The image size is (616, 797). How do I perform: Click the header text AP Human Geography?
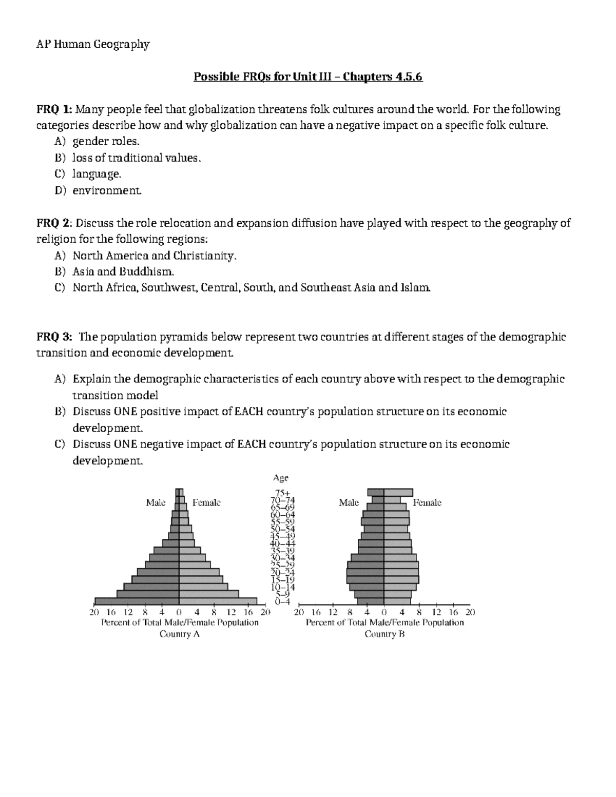click(x=92, y=45)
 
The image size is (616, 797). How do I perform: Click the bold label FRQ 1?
click(x=54, y=109)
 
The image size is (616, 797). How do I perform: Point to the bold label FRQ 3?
click(x=54, y=337)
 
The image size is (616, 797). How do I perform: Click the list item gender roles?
click(x=106, y=142)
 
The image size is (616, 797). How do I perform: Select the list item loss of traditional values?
click(x=137, y=158)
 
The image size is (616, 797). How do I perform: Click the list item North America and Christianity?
click(x=155, y=256)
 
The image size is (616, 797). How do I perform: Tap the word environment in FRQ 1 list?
click(x=106, y=191)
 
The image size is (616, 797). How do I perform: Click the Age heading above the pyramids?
click(x=281, y=478)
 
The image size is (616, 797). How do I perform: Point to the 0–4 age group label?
click(x=282, y=601)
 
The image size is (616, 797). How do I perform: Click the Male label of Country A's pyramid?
click(x=156, y=502)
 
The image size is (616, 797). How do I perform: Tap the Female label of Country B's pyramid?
click(x=427, y=502)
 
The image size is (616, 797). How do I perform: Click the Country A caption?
click(x=179, y=634)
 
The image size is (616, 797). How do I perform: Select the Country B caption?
click(x=384, y=634)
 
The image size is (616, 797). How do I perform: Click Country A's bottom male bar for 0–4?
click(x=137, y=601)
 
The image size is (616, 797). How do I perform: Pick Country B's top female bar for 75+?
click(x=398, y=492)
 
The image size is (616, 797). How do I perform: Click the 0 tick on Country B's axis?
click(x=384, y=612)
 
